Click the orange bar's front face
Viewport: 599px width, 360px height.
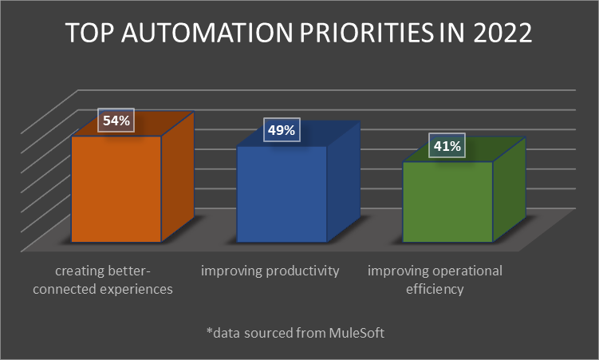[x=116, y=189]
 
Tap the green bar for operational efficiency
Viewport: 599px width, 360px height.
[x=447, y=201]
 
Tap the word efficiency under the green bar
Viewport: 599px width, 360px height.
[x=435, y=289]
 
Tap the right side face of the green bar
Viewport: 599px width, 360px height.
[x=509, y=192]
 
